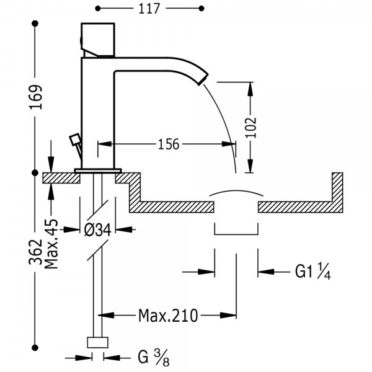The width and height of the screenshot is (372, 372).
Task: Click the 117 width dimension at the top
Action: point(149,9)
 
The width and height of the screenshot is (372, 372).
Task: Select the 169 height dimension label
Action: point(36,97)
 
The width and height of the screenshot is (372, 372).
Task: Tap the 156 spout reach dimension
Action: point(169,144)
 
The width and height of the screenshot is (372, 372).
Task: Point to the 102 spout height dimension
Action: point(251,127)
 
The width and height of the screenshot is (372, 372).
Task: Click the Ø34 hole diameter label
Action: point(98,229)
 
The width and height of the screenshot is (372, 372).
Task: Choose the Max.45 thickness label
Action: point(51,244)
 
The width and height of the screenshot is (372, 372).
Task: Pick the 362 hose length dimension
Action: point(35,252)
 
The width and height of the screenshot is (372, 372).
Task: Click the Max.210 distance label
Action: point(168,316)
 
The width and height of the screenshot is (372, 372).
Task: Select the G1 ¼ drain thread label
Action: point(312,271)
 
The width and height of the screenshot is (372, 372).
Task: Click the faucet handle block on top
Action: point(98,40)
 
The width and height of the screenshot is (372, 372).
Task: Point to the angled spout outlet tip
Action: point(203,79)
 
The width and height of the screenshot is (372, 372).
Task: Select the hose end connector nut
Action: point(98,342)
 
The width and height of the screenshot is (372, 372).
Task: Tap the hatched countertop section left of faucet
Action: point(61,178)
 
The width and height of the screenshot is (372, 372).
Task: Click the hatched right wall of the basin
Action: point(338,192)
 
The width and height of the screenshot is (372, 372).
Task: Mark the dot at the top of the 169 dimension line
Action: point(35,24)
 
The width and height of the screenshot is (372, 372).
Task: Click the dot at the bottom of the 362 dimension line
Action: point(35,348)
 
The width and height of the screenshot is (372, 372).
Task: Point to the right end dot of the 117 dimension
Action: point(201,9)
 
